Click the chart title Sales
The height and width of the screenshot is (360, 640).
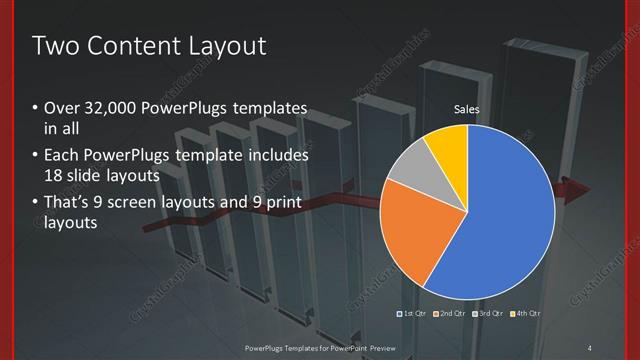click(x=467, y=108)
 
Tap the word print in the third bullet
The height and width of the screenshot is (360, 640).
click(x=281, y=203)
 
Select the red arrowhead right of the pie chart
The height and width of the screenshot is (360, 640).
click(x=578, y=192)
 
